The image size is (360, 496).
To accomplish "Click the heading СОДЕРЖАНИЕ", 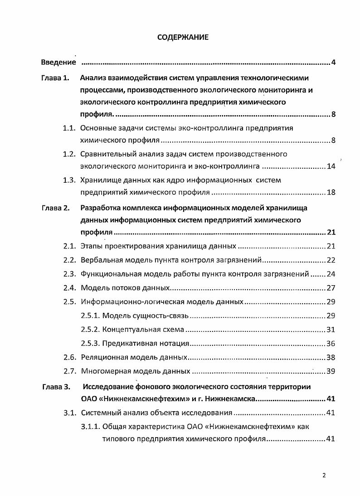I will (x=183, y=38).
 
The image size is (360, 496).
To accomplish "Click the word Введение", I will (x=58, y=62).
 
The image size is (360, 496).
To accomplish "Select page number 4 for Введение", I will (x=333, y=62).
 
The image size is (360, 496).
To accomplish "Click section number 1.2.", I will (x=68, y=154).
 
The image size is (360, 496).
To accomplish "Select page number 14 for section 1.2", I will (x=331, y=166).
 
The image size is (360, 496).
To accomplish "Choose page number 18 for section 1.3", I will (x=331, y=192).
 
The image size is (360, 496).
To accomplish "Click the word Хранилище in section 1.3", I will (x=98, y=180).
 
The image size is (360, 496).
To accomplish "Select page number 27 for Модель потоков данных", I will (x=331, y=288).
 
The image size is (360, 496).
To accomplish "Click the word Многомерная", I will (x=102, y=371).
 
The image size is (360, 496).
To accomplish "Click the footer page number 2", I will (x=324, y=475).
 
